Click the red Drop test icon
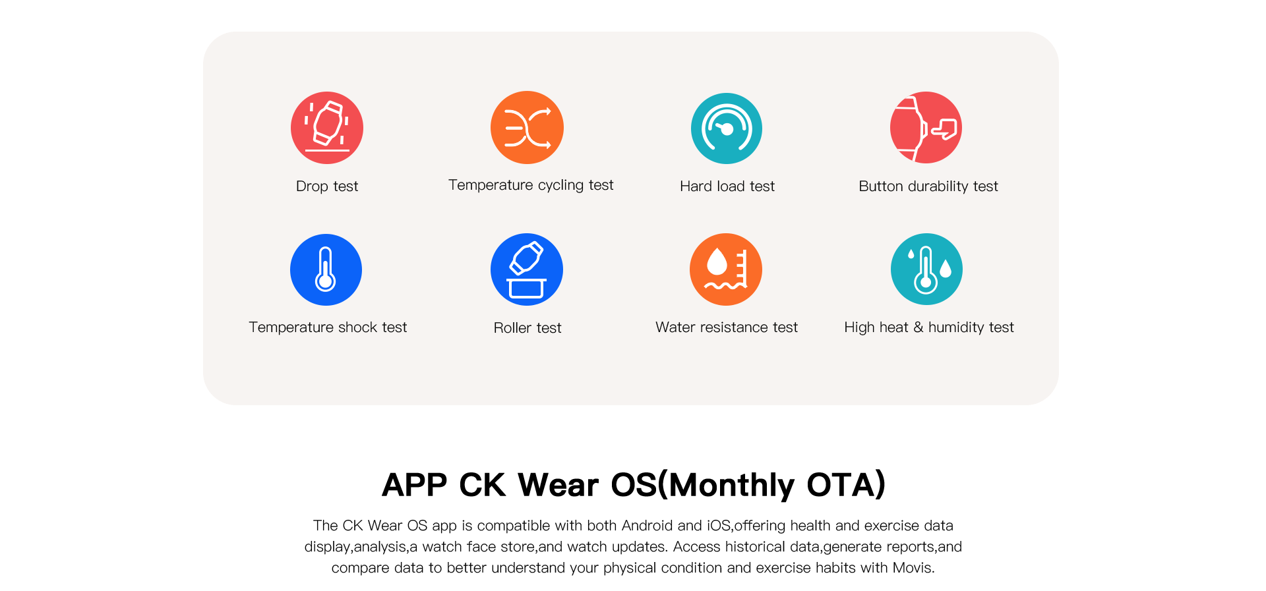tap(327, 128)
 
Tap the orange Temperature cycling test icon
tap(527, 127)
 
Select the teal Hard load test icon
tap(727, 128)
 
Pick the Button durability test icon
tap(926, 127)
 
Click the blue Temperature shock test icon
tap(326, 269)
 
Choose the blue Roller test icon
tap(527, 269)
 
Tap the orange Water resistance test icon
tap(726, 269)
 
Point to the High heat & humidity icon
tap(926, 269)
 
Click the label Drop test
tap(327, 186)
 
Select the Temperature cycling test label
tap(531, 185)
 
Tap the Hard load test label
tap(727, 186)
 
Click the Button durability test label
tap(928, 186)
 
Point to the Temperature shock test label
tap(328, 327)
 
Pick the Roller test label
tap(527, 328)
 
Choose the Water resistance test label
tap(727, 327)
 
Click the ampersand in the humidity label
tap(919, 327)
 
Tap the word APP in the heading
tap(415, 485)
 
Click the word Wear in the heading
tap(559, 485)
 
